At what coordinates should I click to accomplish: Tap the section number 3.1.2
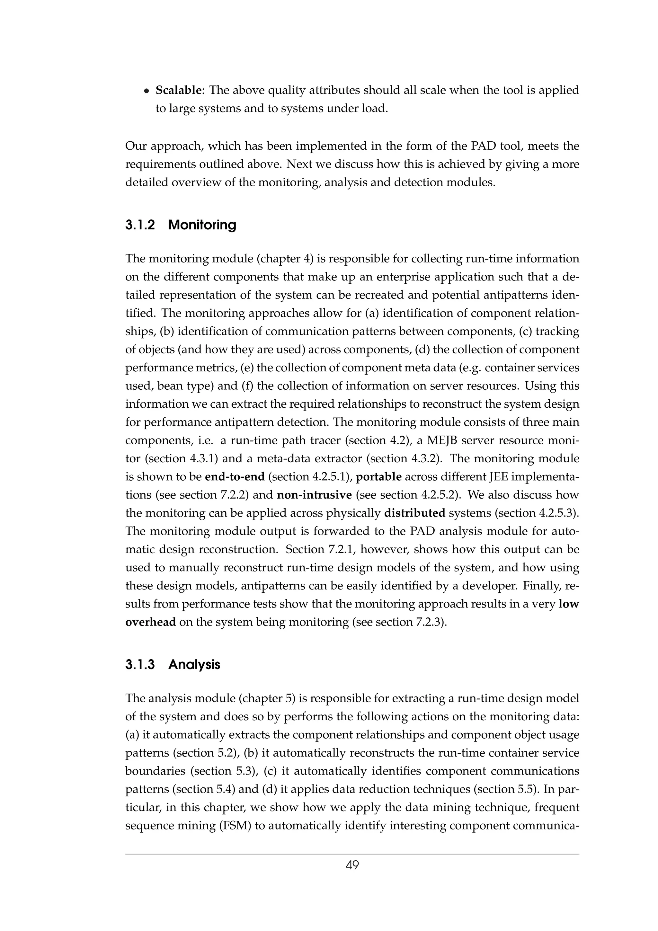(x=140, y=225)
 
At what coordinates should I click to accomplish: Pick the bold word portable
(x=379, y=476)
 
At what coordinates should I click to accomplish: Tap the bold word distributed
(x=415, y=513)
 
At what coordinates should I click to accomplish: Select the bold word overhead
(x=150, y=622)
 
